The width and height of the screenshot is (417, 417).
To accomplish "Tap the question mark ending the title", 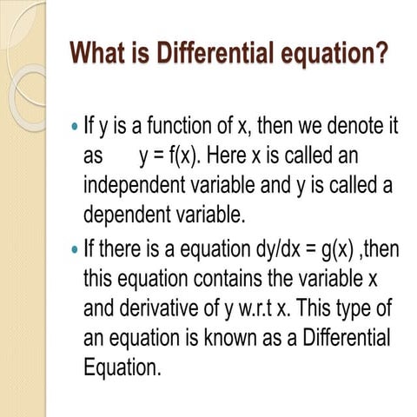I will point(381,55).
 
